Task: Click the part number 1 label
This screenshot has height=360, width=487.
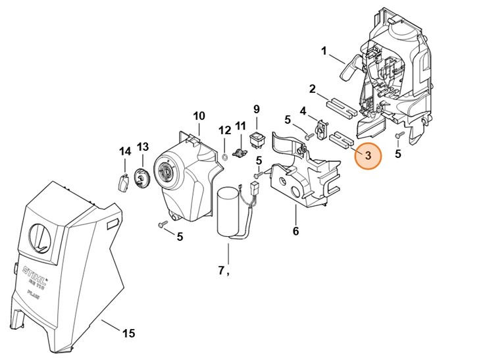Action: pyautogui.click(x=324, y=51)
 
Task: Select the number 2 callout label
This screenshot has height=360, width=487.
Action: pyautogui.click(x=313, y=89)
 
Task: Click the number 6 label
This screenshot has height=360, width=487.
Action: pyautogui.click(x=295, y=231)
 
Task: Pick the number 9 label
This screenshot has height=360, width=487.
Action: pyautogui.click(x=257, y=109)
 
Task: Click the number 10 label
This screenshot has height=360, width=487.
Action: pyautogui.click(x=199, y=116)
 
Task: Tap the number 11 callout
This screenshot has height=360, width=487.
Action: pyautogui.click(x=240, y=125)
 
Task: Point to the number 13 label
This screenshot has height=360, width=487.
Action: pyautogui.click(x=143, y=146)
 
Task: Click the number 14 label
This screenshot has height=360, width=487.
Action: pyautogui.click(x=124, y=151)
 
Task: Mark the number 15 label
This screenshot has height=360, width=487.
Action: pyautogui.click(x=128, y=334)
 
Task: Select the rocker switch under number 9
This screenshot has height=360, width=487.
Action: pyautogui.click(x=257, y=138)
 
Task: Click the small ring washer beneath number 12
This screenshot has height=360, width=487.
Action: pyautogui.click(x=224, y=157)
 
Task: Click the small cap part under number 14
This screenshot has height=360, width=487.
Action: pyautogui.click(x=122, y=183)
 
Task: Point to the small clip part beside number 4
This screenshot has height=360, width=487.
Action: pyautogui.click(x=321, y=129)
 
